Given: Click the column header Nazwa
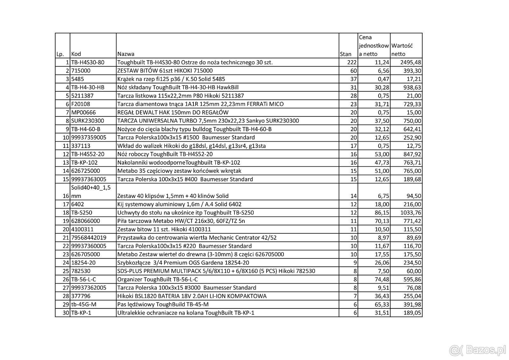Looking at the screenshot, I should click(x=126, y=54).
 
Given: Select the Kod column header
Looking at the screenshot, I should click(x=76, y=54).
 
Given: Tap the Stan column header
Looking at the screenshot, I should click(x=345, y=54).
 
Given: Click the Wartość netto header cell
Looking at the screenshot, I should click(x=402, y=50).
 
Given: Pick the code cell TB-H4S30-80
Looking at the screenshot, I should click(x=88, y=62).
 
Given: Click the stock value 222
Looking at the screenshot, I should click(x=352, y=62).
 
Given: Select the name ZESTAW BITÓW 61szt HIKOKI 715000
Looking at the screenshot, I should click(x=165, y=71).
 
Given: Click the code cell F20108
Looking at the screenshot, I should click(x=81, y=104).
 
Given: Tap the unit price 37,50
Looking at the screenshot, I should click(x=381, y=121).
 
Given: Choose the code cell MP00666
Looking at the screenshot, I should click(x=83, y=112).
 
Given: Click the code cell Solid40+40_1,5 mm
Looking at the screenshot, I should click(x=91, y=192).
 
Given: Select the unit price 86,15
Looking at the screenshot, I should click(x=381, y=213).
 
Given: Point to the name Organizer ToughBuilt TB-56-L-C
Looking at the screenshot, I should click(x=157, y=279).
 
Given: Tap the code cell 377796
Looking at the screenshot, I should click(x=81, y=296).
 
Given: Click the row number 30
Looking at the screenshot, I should click(x=66, y=313).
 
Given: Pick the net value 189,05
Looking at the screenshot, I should click(x=412, y=313).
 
